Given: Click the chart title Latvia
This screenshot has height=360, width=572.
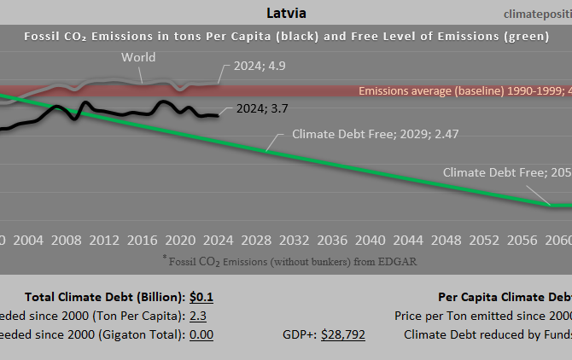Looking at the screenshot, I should point(286,14).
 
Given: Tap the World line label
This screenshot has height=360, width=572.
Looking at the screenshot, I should point(139,58).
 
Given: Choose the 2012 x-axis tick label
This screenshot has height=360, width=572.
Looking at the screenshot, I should point(103,240).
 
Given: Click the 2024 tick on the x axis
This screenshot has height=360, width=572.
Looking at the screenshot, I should point(218,240).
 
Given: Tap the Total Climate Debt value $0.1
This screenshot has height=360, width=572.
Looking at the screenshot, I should point(201,298).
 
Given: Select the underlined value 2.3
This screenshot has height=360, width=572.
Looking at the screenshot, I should point(197,316).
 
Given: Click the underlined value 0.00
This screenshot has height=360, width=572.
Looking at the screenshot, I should point(201,334).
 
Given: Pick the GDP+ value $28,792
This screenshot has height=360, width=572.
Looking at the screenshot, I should point(343,334).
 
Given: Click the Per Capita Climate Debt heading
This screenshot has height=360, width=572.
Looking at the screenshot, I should point(504,298).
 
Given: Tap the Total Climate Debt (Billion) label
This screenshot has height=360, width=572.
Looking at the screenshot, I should point(104,298).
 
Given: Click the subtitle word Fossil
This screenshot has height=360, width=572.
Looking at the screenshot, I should point(44,37).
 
